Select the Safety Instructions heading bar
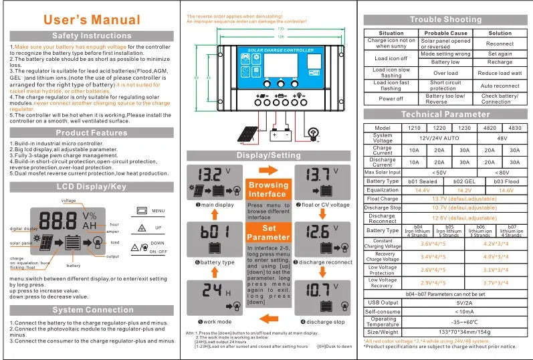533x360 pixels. pos(92,35)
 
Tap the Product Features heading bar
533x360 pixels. pos(92,132)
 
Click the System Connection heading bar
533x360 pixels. pos(92,310)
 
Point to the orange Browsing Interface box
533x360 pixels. pos(268,189)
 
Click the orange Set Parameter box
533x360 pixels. pos(268,232)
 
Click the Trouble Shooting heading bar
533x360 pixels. pos(444,19)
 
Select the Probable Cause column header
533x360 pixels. pos(445,33)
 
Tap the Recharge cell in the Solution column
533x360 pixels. pos(500,62)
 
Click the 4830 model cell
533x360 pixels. pos(514,127)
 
